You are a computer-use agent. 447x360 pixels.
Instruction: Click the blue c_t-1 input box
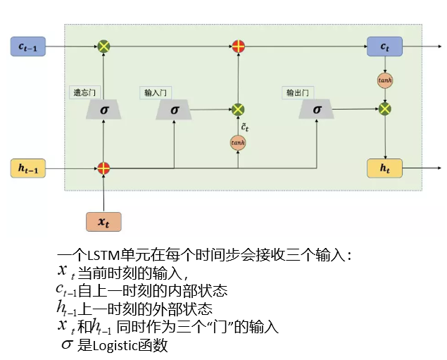[27, 47]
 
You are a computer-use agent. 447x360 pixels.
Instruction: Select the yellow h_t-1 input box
[27, 168]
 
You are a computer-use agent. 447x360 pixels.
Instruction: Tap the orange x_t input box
[103, 221]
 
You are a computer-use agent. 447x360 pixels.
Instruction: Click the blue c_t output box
[384, 47]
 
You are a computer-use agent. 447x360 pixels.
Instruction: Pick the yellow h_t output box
[384, 168]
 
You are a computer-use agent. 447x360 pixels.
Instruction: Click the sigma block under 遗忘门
[104, 109]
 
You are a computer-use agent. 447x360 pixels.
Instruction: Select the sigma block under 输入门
[175, 109]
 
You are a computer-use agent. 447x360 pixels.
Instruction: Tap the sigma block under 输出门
[317, 109]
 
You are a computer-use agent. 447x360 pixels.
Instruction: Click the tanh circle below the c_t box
[385, 80]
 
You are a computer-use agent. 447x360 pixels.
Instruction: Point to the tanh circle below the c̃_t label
[238, 143]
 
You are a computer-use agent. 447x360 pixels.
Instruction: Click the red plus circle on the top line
[239, 47]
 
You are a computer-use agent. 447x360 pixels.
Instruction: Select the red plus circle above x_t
[103, 168]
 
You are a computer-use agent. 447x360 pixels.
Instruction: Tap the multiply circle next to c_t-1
[104, 47]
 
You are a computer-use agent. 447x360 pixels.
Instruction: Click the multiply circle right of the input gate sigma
[238, 109]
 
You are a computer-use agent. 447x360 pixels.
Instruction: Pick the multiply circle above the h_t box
[385, 109]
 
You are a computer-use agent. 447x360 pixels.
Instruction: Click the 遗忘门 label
[82, 92]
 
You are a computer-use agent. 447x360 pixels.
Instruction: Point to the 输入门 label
[154, 92]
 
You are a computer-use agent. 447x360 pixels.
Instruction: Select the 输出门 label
[297, 92]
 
